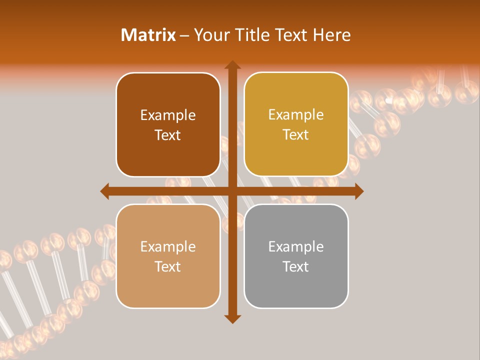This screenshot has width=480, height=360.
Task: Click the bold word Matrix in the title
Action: [148, 35]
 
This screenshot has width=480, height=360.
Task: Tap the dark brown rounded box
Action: [168, 125]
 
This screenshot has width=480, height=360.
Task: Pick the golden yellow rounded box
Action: [296, 124]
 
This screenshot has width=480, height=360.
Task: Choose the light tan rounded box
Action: [168, 256]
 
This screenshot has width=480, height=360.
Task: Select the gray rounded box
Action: [296, 256]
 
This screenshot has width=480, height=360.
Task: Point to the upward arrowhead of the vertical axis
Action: [232, 65]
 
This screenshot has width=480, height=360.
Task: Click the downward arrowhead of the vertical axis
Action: [232, 318]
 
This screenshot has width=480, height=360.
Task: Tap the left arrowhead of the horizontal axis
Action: [105, 191]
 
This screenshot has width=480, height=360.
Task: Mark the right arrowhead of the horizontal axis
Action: [358, 191]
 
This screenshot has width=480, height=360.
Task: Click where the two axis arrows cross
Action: [232, 191]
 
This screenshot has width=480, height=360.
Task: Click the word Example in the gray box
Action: [296, 246]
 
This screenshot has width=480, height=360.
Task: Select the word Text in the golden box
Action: [296, 134]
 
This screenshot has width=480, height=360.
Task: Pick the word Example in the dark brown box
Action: [168, 115]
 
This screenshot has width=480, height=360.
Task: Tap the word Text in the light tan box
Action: [168, 266]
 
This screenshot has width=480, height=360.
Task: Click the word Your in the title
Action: [210, 35]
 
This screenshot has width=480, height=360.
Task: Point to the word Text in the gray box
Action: [296, 266]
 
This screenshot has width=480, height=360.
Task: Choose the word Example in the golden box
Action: [296, 115]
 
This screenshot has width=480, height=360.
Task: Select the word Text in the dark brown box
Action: [168, 135]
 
